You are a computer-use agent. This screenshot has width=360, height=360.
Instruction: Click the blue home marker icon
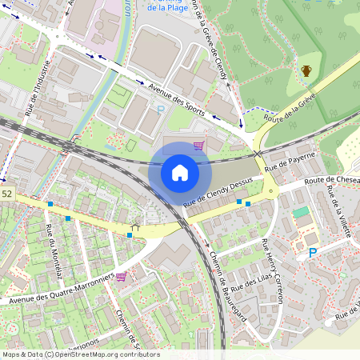180,172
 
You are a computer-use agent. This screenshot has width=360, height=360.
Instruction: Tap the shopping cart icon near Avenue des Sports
198,146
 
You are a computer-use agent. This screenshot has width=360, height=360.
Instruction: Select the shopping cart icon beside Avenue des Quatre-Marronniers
121,277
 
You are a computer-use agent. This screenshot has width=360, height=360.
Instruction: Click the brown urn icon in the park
306,70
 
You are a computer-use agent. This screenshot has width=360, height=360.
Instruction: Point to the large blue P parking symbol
312,253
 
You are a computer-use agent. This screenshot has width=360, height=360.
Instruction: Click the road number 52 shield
7,194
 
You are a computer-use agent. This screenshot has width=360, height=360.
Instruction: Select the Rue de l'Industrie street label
39,88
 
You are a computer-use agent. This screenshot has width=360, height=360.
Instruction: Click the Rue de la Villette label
339,211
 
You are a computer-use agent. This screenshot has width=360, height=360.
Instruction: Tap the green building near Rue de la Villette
301,213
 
